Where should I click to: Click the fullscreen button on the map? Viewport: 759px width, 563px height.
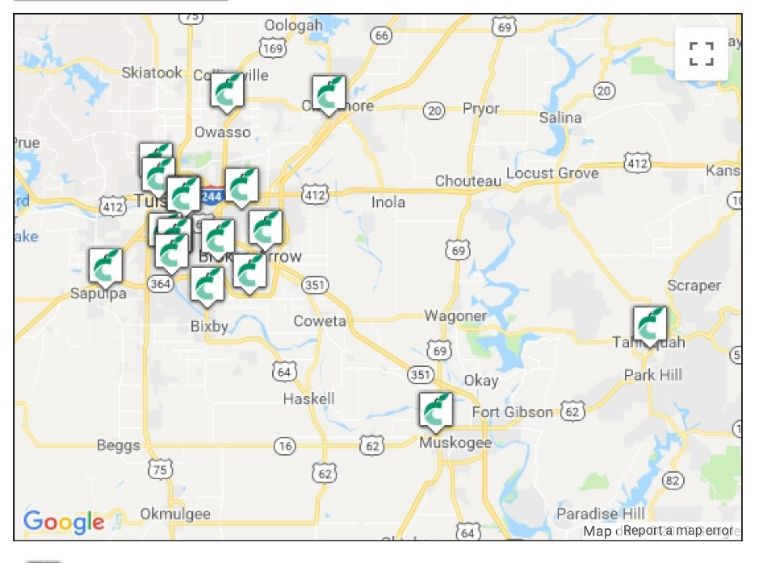point(701,54)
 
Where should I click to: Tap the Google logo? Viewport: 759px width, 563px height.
point(64,522)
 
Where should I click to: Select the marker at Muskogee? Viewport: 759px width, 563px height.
point(436,411)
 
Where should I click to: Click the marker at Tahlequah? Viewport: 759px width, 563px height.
point(649,324)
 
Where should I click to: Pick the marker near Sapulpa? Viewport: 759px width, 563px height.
point(105,267)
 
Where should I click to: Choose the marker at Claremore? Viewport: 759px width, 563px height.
point(328,94)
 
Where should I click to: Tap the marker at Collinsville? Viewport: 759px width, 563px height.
point(227,91)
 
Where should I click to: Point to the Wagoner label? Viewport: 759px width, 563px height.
point(455,316)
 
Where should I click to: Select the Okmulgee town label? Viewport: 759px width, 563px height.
point(175,514)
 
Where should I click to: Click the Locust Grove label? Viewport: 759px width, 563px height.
point(552,173)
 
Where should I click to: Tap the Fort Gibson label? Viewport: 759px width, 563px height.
point(512,412)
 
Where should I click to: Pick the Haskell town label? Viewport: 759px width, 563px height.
point(308,398)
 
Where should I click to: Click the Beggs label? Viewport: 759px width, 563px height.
point(118,445)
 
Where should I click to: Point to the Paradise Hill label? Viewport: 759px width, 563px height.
point(600,514)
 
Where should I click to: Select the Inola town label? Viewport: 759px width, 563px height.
point(388,202)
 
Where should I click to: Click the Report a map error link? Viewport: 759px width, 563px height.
point(678,530)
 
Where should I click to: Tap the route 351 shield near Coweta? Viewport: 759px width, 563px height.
point(315,285)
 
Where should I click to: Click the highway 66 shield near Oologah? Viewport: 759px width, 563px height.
point(381,35)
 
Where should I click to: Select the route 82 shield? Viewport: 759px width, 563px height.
point(672,480)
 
